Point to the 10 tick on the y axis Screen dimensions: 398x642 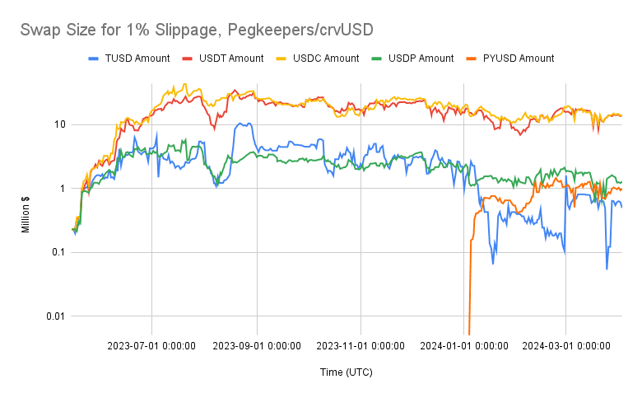tap(60, 124)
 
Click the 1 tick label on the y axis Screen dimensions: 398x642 tap(63, 189)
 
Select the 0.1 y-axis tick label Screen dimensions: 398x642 tap(58, 252)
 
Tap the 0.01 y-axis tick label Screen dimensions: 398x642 tap(56, 316)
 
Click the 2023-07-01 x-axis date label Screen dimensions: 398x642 tap(151, 346)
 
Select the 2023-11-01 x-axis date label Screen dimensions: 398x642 tap(360, 346)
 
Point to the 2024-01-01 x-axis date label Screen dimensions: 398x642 tap(463, 346)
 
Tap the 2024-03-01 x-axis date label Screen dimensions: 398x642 tap(565, 346)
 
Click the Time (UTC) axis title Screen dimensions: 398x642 tap(346, 372)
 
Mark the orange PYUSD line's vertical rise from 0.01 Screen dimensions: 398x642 tap(469, 280)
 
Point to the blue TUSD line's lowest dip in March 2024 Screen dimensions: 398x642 tap(607, 268)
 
